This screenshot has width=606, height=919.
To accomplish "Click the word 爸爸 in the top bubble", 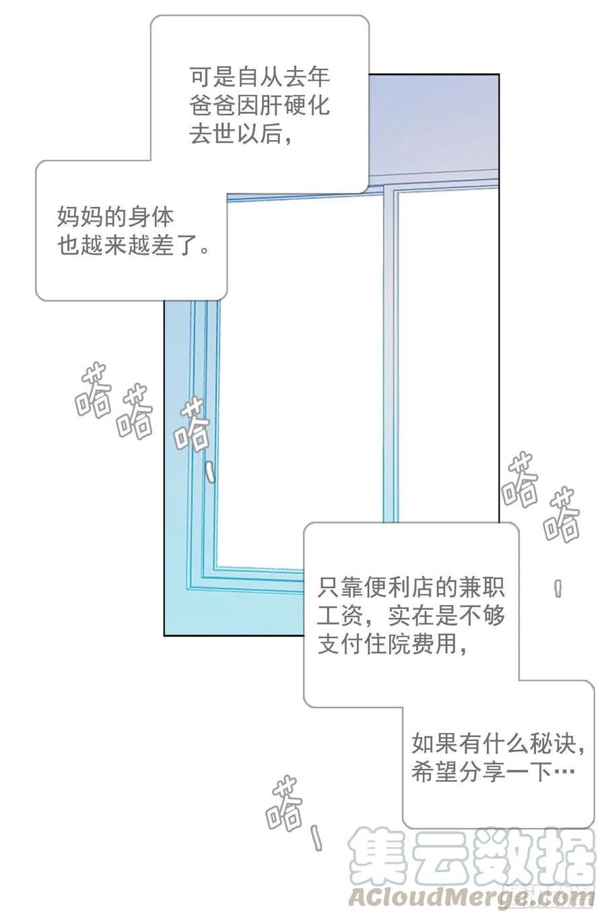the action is pyautogui.click(x=213, y=106).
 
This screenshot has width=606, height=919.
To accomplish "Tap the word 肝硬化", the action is pyautogui.click(x=295, y=106).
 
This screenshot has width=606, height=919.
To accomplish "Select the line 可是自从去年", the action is pyautogui.click(x=259, y=77).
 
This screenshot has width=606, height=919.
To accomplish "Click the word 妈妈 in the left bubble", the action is pyautogui.click(x=80, y=218).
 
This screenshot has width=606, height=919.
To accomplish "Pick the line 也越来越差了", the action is pyautogui.click(x=133, y=246).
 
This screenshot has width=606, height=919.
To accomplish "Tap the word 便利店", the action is pyautogui.click(x=389, y=588).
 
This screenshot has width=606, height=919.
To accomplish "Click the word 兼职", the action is pyautogui.click(x=481, y=588).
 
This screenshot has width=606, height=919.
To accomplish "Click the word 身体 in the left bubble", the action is pyautogui.click(x=151, y=218).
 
